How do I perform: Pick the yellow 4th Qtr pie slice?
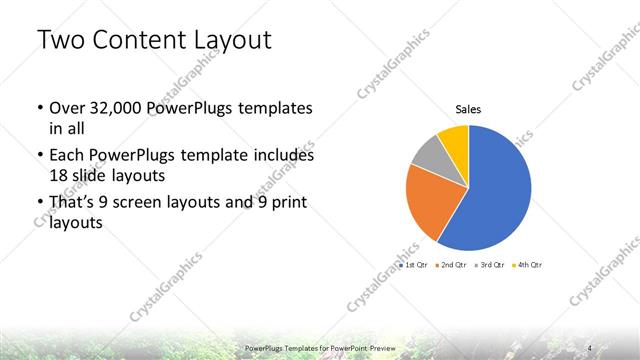pyautogui.click(x=454, y=138)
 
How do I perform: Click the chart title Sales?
pyautogui.click(x=468, y=109)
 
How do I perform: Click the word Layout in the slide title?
pyautogui.click(x=231, y=40)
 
